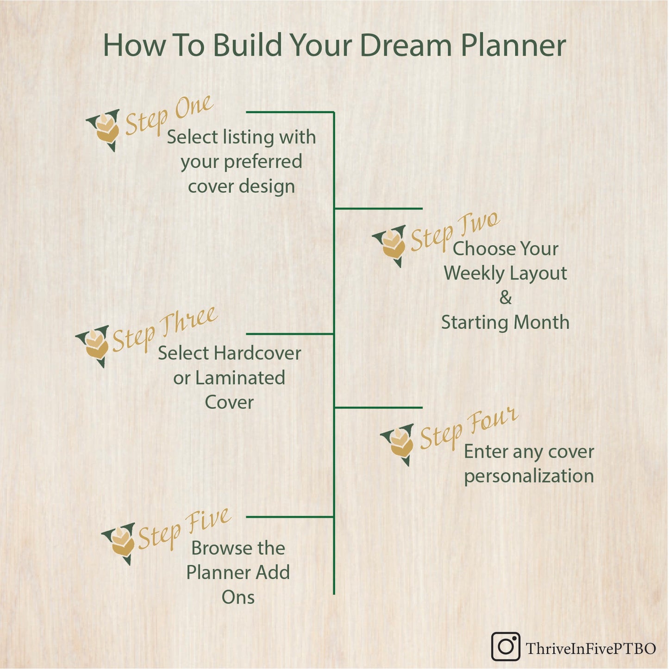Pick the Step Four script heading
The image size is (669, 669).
coord(468,428)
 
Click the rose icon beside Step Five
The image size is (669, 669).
coord(121,543)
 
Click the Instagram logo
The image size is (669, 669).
coord(505,646)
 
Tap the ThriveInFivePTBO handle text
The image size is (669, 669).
coord(591,648)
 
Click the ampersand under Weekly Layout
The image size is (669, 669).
coord(506,297)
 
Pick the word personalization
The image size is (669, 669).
coord(529,476)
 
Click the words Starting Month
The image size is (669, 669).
coord(505,322)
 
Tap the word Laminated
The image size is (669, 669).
coord(240,378)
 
